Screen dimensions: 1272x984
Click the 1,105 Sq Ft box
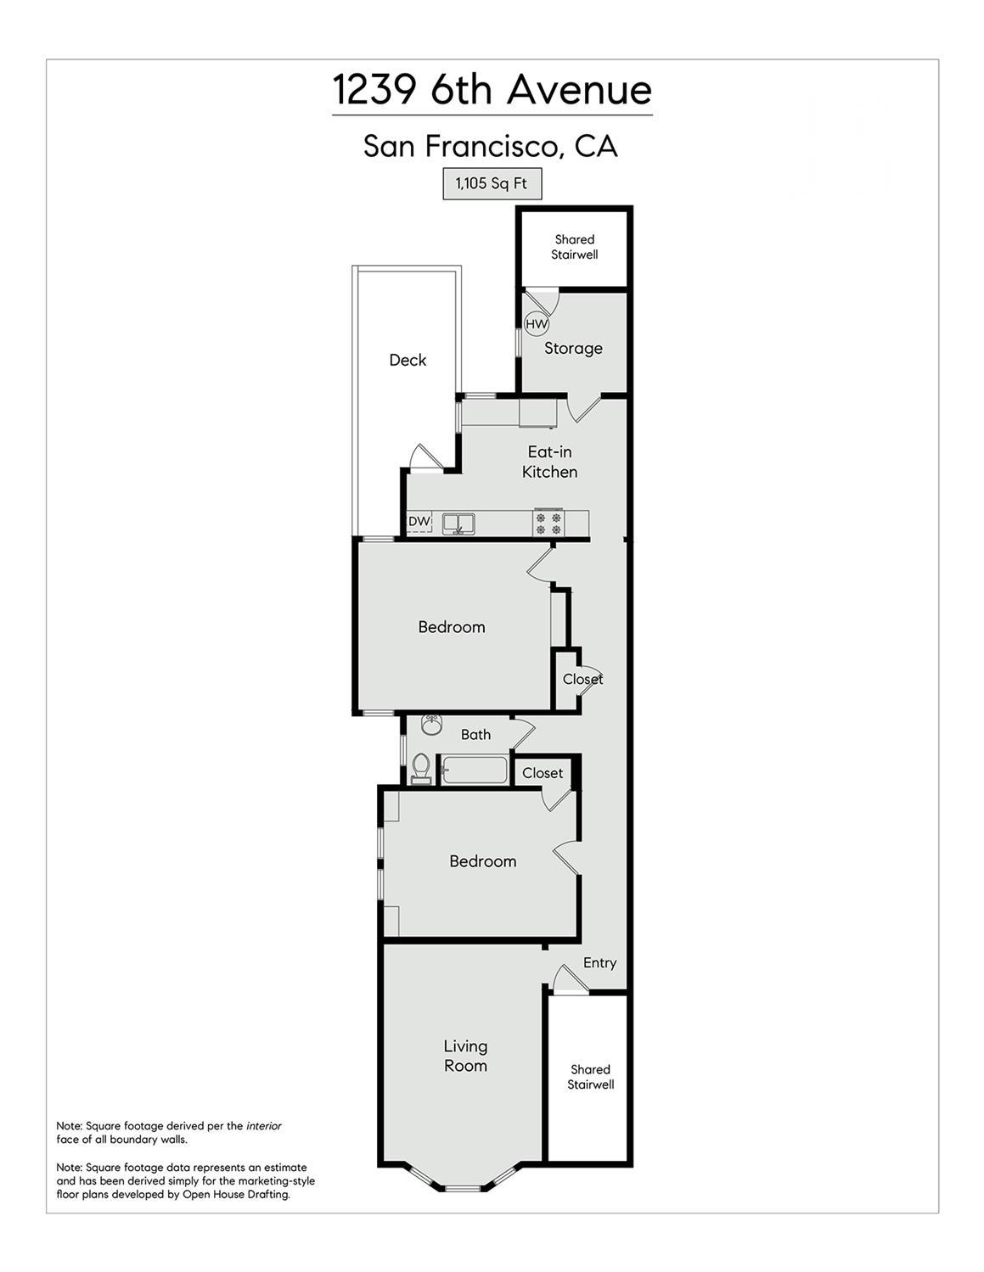click(492, 183)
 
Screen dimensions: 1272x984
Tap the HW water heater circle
click(537, 324)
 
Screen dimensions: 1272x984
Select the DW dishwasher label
click(419, 521)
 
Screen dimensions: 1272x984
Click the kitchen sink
click(458, 523)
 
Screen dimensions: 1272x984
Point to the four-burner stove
click(548, 523)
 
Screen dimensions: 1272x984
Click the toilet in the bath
click(420, 768)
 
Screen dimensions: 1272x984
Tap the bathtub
click(474, 770)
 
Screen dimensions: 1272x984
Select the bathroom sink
click(432, 726)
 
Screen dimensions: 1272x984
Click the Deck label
click(408, 360)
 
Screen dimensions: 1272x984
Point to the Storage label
click(573, 348)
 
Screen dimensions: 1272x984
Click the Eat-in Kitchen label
click(549, 462)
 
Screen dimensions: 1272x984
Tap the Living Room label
click(465, 1056)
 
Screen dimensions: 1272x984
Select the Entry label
click(599, 962)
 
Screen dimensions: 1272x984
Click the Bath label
click(475, 734)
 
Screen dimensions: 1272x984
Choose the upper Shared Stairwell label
click(575, 247)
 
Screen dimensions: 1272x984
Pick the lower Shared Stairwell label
click(590, 1077)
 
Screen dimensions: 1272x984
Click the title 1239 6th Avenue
click(492, 89)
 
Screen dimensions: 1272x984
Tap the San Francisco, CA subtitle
click(491, 146)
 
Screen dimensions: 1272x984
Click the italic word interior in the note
click(263, 1126)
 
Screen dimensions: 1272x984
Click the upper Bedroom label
click(452, 627)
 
